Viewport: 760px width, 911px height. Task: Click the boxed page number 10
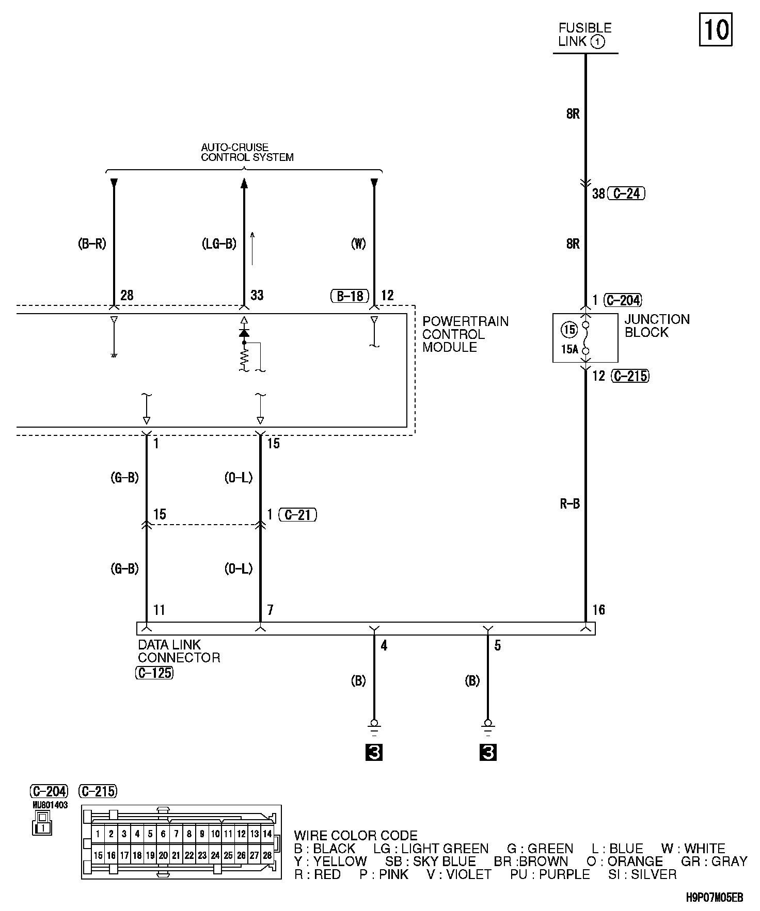click(716, 29)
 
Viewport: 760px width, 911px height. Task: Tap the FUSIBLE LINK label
click(584, 35)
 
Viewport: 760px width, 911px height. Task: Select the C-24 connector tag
click(626, 193)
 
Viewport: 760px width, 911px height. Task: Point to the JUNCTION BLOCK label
click(657, 326)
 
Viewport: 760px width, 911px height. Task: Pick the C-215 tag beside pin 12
click(630, 376)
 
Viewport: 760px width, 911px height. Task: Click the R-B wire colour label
click(569, 504)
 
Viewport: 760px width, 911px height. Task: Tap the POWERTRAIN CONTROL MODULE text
click(465, 334)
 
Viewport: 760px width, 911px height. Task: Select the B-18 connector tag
click(350, 296)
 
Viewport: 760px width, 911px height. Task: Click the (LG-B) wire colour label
click(219, 244)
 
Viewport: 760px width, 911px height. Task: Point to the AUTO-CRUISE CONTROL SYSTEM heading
click(247, 153)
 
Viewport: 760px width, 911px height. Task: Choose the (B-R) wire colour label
click(92, 244)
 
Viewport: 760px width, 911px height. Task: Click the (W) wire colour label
click(358, 244)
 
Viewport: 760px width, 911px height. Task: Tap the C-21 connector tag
click(297, 514)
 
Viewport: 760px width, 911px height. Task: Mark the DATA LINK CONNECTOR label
click(179, 651)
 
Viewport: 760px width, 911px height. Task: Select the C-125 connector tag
click(154, 673)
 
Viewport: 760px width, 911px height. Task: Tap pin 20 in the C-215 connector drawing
click(163, 855)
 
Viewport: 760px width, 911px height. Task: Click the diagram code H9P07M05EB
click(715, 898)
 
